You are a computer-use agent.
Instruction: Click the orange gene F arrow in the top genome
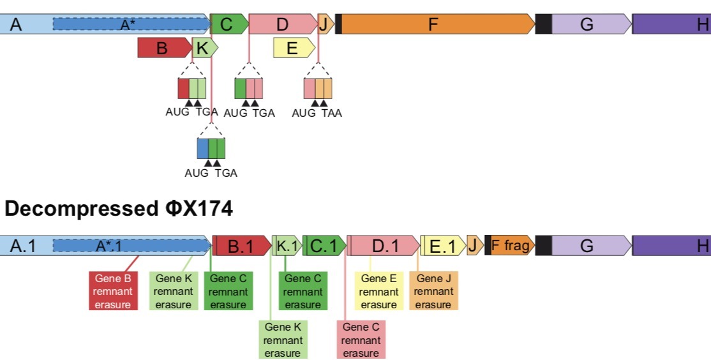pyautogui.click(x=434, y=24)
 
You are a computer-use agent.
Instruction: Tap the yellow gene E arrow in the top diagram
pyautogui.click(x=292, y=48)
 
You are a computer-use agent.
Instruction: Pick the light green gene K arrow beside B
pyautogui.click(x=204, y=48)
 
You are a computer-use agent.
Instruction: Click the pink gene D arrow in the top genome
pyautogui.click(x=282, y=24)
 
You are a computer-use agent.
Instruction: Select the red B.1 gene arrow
pyautogui.click(x=241, y=246)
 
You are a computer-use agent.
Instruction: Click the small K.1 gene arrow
pyautogui.click(x=287, y=246)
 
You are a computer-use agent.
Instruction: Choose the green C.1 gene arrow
pyautogui.click(x=324, y=246)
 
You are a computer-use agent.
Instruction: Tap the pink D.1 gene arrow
pyautogui.click(x=384, y=246)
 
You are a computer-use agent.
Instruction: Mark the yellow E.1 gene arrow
pyautogui.click(x=442, y=246)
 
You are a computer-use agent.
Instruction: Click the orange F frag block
pyautogui.click(x=511, y=246)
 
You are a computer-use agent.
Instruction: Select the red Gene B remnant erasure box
pyautogui.click(x=114, y=291)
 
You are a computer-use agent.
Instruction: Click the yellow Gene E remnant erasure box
pyautogui.click(x=378, y=291)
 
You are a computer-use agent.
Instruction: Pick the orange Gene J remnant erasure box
pyautogui.click(x=433, y=291)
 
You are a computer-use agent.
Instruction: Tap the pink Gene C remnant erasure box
pyautogui.click(x=361, y=340)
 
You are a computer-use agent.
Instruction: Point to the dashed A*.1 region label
pyautogui.click(x=109, y=246)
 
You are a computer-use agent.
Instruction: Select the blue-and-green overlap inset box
pyautogui.click(x=211, y=148)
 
